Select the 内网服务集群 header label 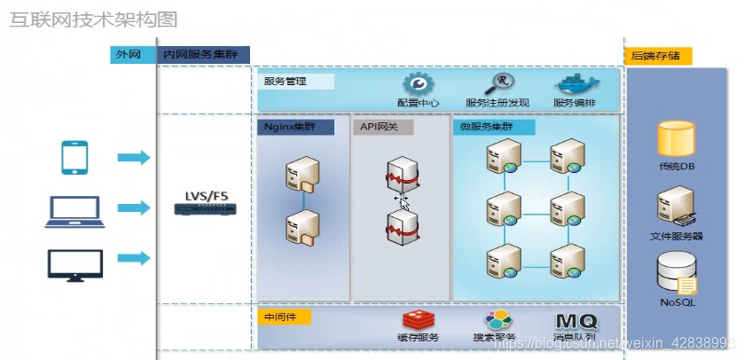coord(205,54)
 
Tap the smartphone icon coord(74,157)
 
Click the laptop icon coord(74,208)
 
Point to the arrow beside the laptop coord(134,207)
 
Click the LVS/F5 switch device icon coord(206,210)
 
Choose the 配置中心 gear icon coord(418,83)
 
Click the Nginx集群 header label coord(295,127)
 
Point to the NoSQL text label coord(677,302)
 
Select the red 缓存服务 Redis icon coord(416,321)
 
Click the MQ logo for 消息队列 coord(576,321)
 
